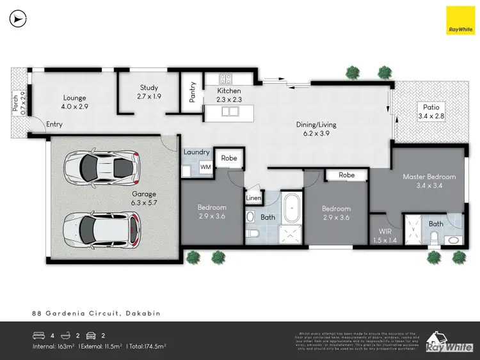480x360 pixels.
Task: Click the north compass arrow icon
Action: pos(17,19)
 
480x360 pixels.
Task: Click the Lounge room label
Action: pos(74,102)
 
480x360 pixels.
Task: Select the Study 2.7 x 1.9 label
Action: pos(148,92)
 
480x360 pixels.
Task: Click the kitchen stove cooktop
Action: pos(226,79)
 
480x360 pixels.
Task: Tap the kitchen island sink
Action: pos(228,111)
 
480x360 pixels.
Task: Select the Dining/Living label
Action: pos(316,129)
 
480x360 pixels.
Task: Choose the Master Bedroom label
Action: pos(429,181)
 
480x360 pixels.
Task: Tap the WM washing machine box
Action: pos(205,167)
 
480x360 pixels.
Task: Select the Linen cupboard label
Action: pos(253,198)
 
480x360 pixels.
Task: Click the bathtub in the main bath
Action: pos(293,210)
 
